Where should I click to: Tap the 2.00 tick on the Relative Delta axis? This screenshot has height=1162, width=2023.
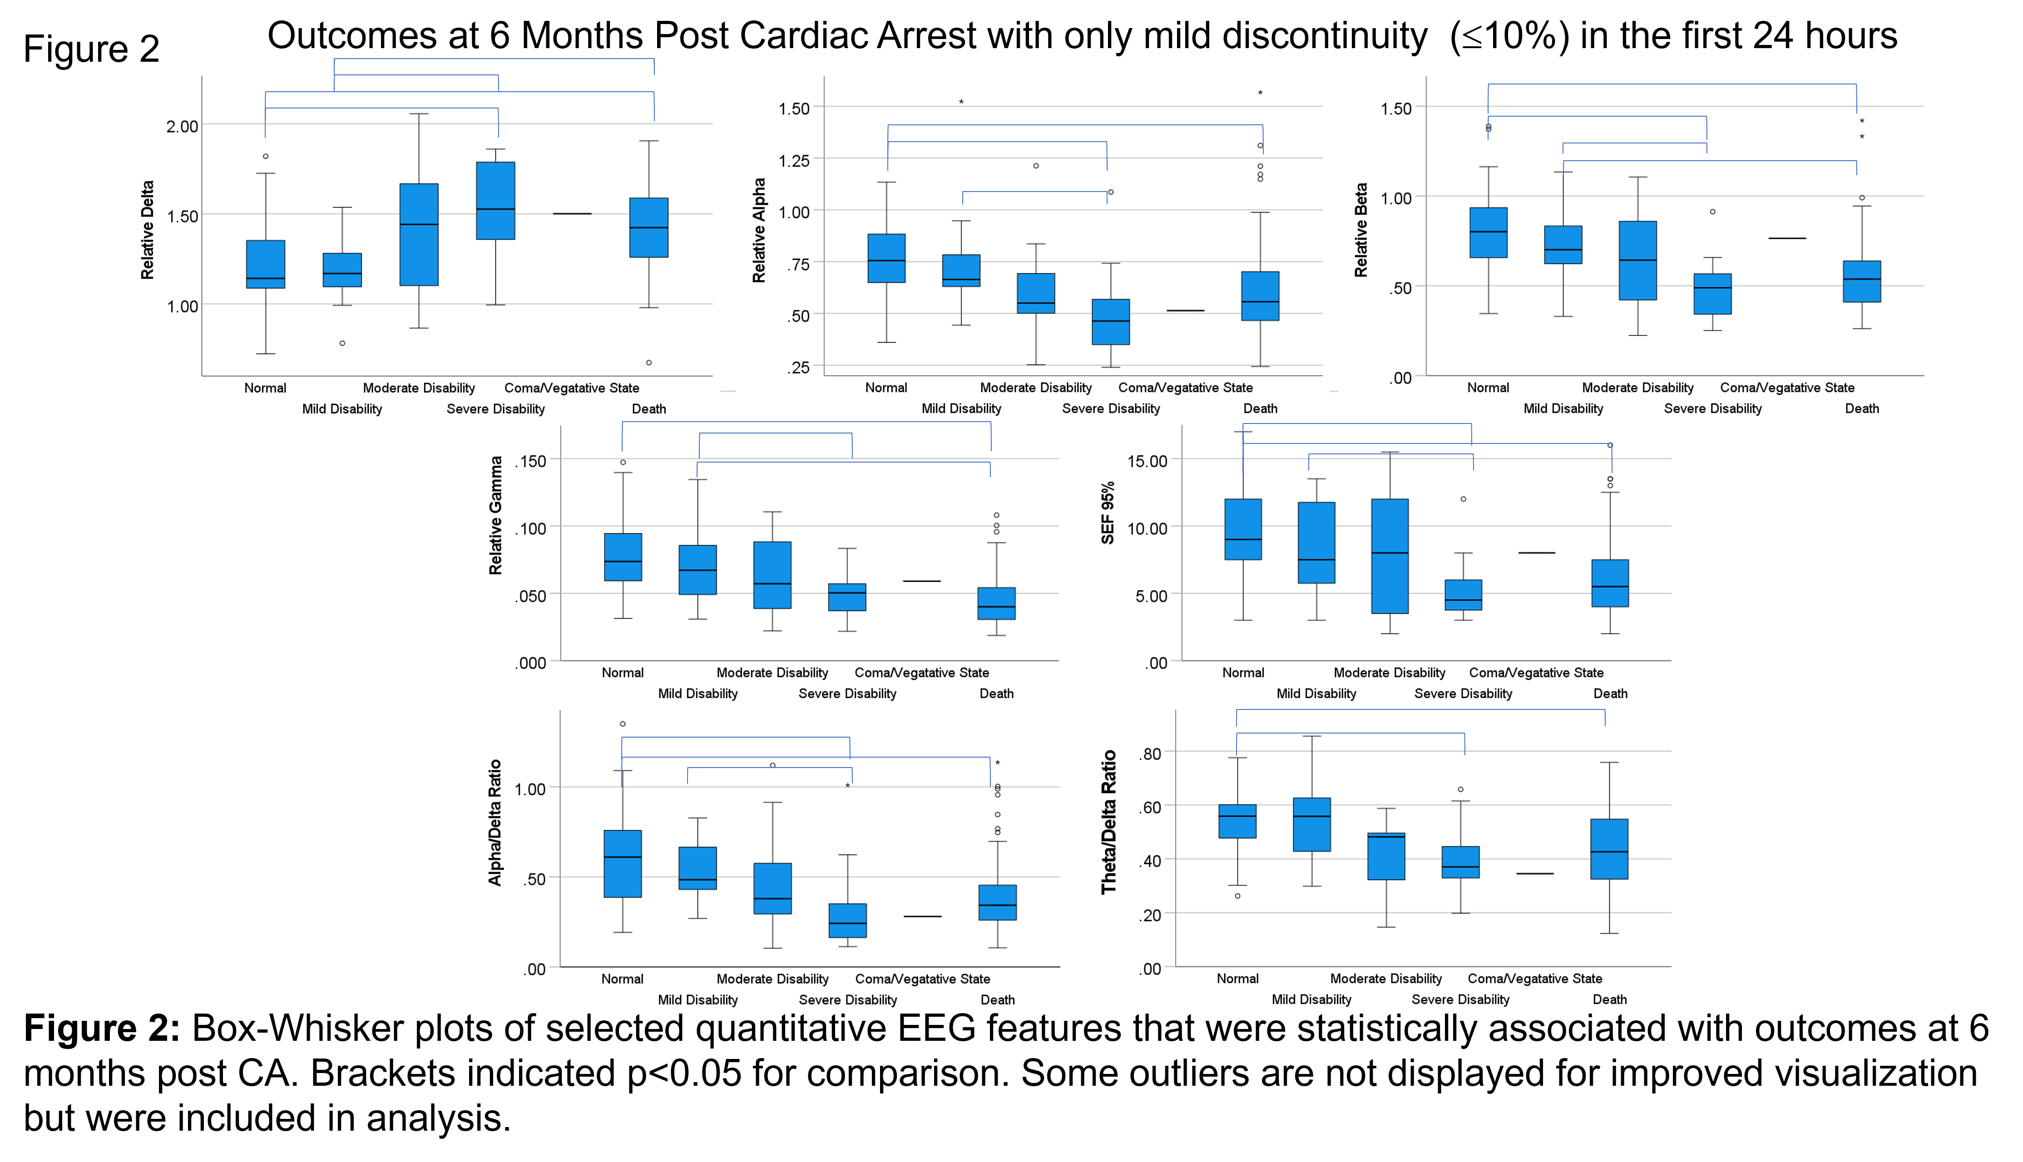point(182,126)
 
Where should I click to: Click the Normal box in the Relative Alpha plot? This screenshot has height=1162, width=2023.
point(886,258)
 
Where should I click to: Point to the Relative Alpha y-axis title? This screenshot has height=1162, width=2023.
point(759,230)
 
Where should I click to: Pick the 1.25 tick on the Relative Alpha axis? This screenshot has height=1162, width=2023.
point(794,160)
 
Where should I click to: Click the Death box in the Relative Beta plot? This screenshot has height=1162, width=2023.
point(1862,281)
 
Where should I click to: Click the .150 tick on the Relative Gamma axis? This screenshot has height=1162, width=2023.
point(530,461)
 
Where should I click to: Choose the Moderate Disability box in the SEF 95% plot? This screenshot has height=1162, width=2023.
point(1390,556)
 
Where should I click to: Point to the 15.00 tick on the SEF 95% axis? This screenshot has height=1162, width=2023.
point(1147,461)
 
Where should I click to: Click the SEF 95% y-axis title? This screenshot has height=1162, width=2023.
point(1108,513)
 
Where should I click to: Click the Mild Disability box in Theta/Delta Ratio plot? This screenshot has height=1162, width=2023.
point(1312,824)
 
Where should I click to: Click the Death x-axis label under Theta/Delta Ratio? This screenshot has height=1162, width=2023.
point(1609,999)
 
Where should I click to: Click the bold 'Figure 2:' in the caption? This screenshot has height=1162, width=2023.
point(102,1028)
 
